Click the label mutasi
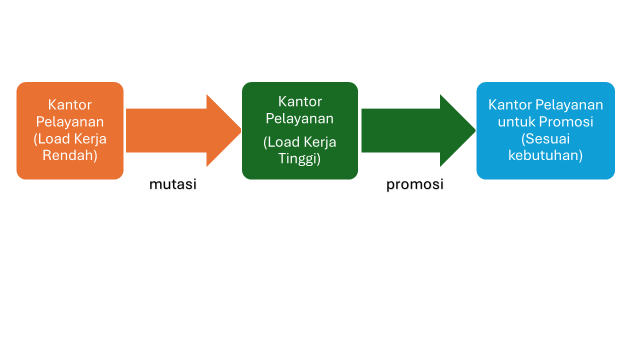click(173, 184)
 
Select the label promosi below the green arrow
click(415, 184)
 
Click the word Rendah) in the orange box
click(70, 155)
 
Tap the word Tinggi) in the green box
click(299, 158)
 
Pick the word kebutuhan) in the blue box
click(545, 155)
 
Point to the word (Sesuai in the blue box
click(545, 138)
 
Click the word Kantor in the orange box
click(70, 104)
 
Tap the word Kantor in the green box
click(300, 101)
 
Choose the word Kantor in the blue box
click(510, 104)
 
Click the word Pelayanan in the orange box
click(70, 121)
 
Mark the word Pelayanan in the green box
click(299, 118)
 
